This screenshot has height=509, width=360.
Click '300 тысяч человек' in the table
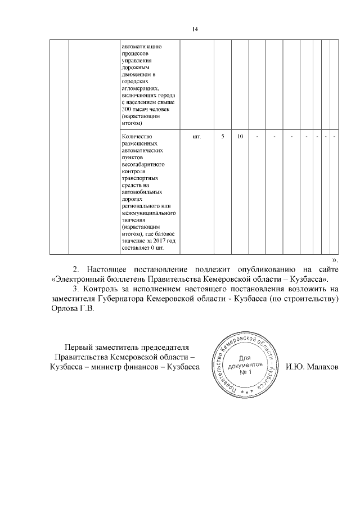pyautogui.click(x=144, y=109)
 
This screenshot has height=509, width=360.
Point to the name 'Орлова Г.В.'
pyautogui.click(x=70, y=310)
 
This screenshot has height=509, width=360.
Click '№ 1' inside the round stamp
pyautogui.click(x=244, y=373)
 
